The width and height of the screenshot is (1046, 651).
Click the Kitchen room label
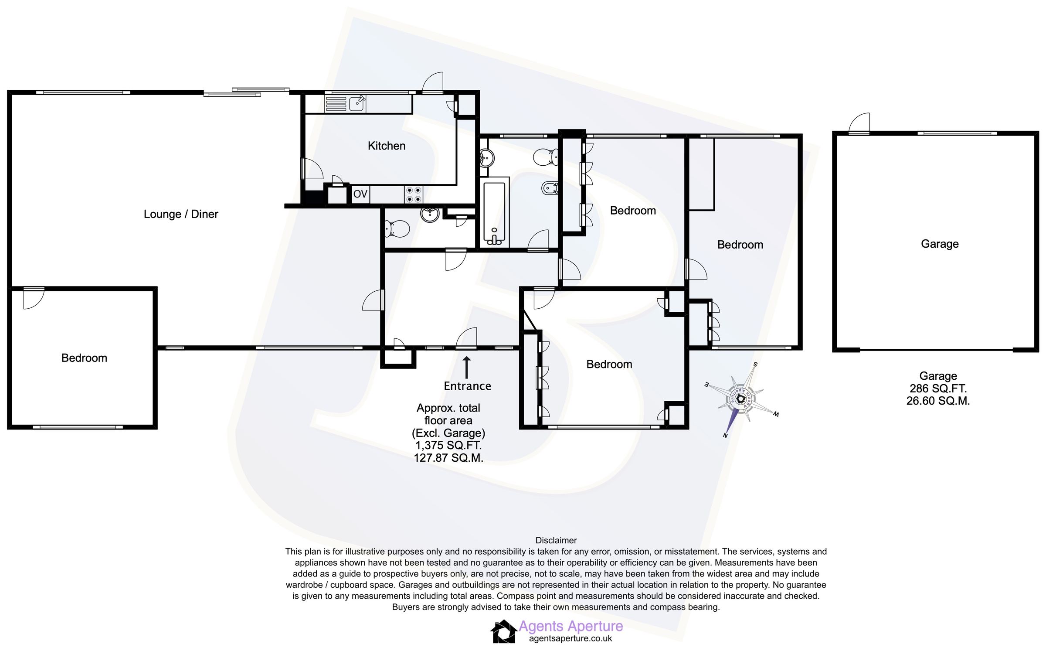(386, 146)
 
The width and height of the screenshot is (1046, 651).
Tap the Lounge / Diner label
(181, 214)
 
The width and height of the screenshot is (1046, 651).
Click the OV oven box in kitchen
(360, 194)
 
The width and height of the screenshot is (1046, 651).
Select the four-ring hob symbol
(413, 194)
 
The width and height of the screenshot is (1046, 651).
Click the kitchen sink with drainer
(346, 104)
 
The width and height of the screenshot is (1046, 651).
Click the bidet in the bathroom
(550, 189)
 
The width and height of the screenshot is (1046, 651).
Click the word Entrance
(467, 386)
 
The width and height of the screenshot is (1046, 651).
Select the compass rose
(740, 398)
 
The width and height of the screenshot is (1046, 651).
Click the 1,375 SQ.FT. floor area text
(448, 445)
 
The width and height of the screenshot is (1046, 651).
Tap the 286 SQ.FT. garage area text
(938, 388)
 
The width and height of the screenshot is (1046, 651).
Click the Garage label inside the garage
(940, 244)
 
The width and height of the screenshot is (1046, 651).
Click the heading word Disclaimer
(556, 540)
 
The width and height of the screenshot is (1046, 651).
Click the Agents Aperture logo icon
(503, 631)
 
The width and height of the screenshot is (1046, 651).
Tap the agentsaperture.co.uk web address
(570, 638)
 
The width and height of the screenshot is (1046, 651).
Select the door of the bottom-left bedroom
(33, 298)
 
